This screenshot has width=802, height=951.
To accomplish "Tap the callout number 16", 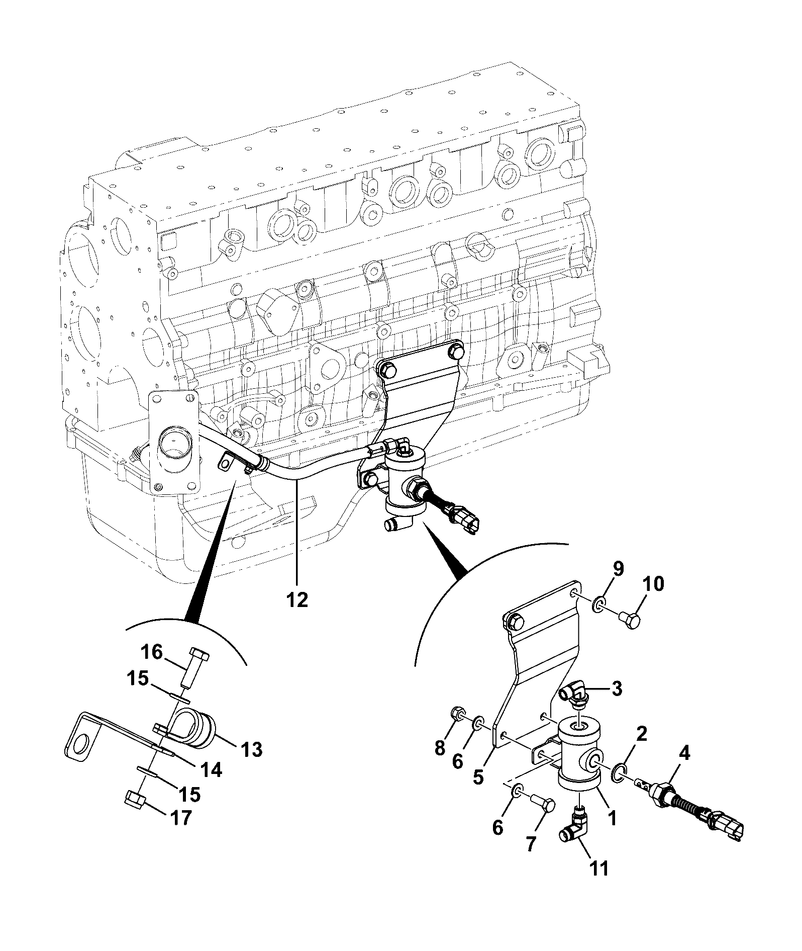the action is coord(151,653).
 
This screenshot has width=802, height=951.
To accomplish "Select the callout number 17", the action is coord(179,818).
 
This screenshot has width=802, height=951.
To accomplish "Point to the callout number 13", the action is coord(251,750).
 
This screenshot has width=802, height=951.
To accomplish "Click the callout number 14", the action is coord(211,770).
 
